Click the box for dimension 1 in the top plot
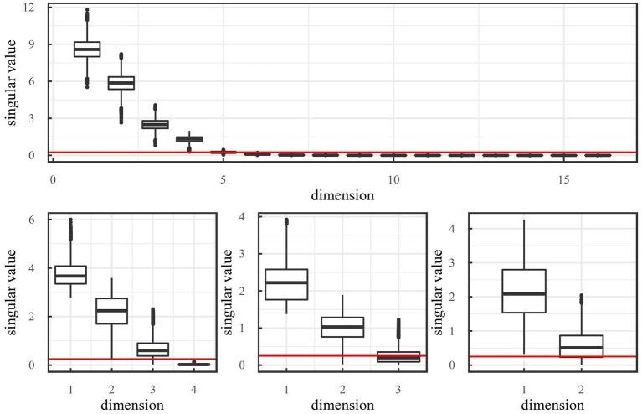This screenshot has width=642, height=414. coord(87,49)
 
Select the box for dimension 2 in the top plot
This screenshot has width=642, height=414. coord(121,82)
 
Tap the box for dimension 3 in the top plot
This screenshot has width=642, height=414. coord(155,124)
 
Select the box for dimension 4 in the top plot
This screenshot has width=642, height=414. coord(189,139)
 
